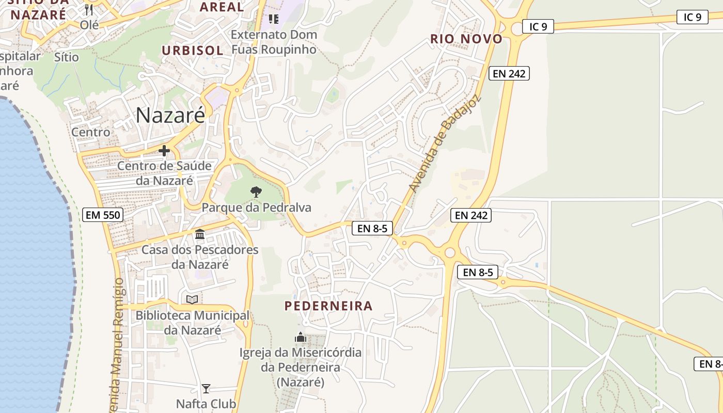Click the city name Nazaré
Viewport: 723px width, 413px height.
coord(170,116)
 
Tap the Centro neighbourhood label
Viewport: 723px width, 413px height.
coord(91,132)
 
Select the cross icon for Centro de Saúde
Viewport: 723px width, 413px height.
coord(164,151)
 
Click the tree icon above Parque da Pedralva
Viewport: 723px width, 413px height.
coord(256,192)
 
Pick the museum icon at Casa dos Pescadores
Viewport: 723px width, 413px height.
coord(200,235)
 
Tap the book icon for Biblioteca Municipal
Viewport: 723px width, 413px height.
coord(192,299)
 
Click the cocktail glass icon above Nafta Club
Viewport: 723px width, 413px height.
coord(206,388)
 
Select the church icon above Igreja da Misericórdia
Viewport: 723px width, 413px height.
coord(301,338)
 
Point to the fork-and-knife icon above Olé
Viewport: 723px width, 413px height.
coord(89,10)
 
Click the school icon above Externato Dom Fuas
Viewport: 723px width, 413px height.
coord(273,19)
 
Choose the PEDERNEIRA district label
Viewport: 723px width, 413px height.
coord(328,306)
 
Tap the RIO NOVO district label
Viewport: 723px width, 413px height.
coord(466,39)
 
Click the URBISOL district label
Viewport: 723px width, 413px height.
coord(193,51)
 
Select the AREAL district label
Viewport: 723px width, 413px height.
coord(222,7)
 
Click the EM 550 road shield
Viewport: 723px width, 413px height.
coord(103,215)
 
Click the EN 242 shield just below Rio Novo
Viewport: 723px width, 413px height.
coord(509,73)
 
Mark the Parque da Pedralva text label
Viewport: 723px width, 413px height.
coord(257,208)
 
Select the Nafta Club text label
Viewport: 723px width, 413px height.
coord(206,404)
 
